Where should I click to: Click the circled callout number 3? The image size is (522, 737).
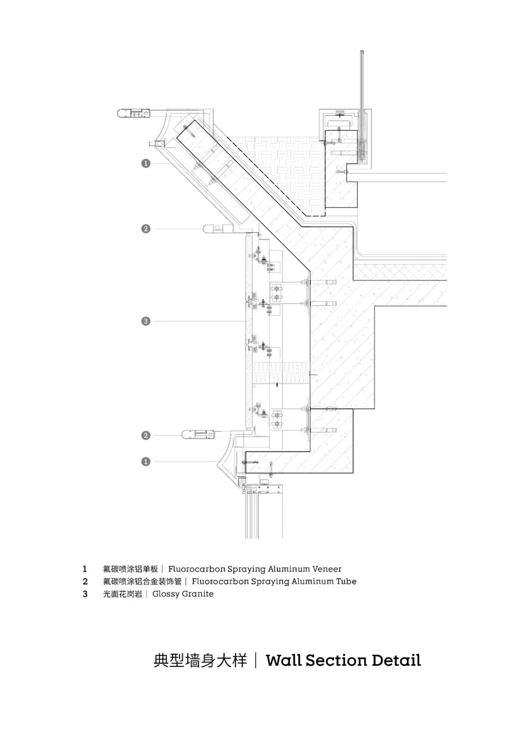(145, 321)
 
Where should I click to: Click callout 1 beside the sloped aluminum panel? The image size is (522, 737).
(145, 164)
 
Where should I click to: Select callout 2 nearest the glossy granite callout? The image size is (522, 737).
(145, 229)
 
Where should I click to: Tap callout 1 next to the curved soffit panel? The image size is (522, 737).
(145, 462)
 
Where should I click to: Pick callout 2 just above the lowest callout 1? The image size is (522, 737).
(145, 436)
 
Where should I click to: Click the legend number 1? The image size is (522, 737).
(85, 569)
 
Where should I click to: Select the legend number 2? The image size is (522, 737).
(85, 582)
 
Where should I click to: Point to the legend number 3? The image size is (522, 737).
(85, 594)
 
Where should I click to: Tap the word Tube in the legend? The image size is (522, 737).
(347, 582)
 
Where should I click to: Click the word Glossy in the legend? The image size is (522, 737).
(164, 594)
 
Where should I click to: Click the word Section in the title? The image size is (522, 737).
(330, 660)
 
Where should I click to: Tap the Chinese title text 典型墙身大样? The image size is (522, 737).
(200, 660)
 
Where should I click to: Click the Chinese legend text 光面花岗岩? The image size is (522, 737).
(123, 594)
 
